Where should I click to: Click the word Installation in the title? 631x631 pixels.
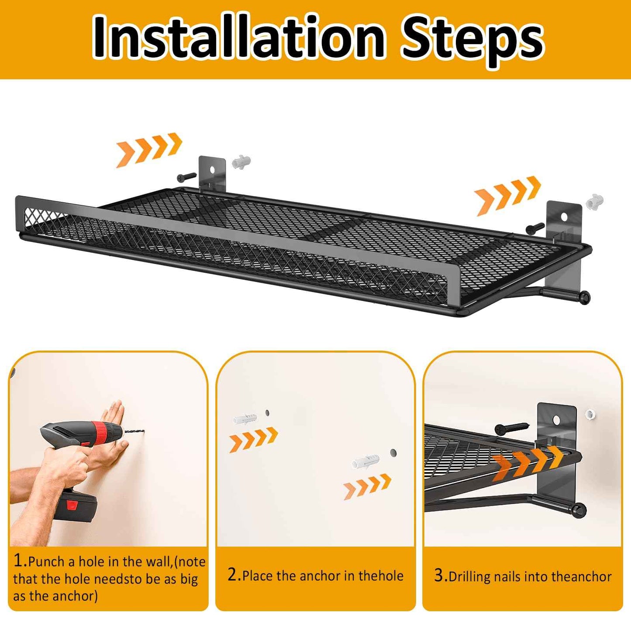pyautogui.click(x=238, y=38)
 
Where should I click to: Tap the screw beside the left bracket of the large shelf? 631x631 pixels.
pyautogui.click(x=187, y=177)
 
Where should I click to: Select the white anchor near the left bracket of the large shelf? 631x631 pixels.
pyautogui.click(x=241, y=162)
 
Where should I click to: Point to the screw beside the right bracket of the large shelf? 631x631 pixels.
pyautogui.click(x=535, y=228)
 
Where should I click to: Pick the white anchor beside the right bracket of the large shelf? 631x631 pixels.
pyautogui.click(x=595, y=201)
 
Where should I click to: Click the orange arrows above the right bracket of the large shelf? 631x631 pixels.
pyautogui.click(x=508, y=195)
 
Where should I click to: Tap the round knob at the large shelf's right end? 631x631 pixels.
pyautogui.click(x=585, y=297)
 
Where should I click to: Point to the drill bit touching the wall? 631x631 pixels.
pyautogui.click(x=134, y=433)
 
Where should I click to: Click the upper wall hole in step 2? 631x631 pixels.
pyautogui.click(x=267, y=413)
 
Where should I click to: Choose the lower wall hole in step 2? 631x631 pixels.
pyautogui.click(x=393, y=453)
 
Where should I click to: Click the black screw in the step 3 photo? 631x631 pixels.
pyautogui.click(x=511, y=427)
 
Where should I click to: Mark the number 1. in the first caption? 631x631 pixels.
pyautogui.click(x=20, y=560)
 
